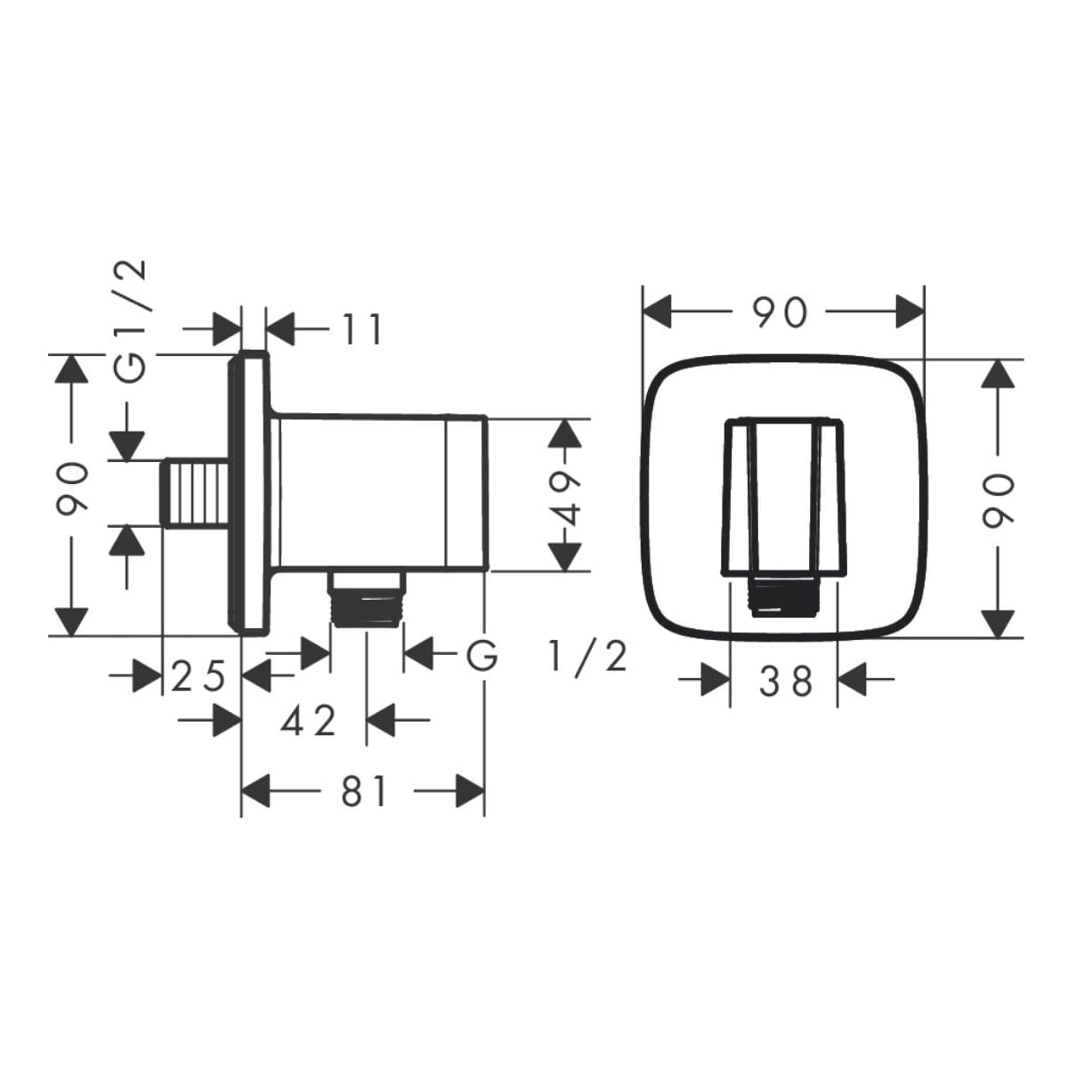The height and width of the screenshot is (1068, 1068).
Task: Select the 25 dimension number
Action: (198, 676)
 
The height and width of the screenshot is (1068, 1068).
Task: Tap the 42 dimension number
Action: (308, 721)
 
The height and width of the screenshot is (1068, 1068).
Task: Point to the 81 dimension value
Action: (364, 791)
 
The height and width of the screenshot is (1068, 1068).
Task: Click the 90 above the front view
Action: (779, 312)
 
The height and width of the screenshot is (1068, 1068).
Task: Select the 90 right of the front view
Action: (999, 499)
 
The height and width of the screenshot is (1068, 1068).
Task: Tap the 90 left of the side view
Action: (73, 489)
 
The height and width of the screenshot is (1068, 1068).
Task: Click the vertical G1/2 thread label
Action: (132, 321)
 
